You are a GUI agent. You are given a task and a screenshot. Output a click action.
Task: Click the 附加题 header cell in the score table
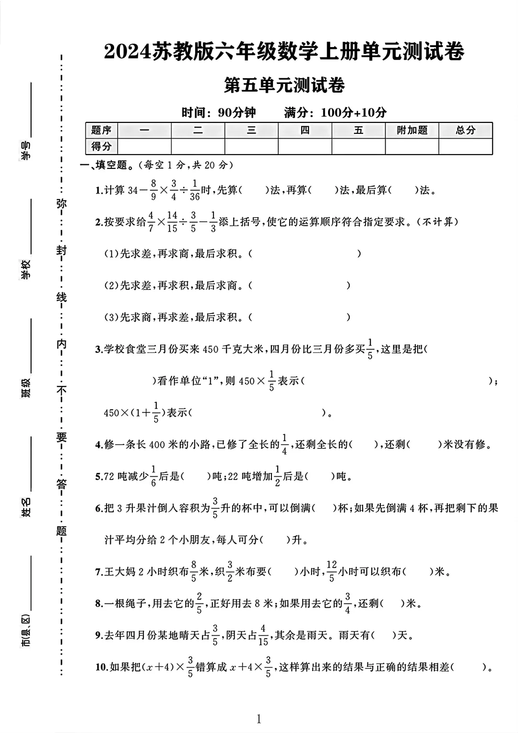click(x=412, y=130)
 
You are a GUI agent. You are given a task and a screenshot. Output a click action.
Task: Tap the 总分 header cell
click(x=465, y=130)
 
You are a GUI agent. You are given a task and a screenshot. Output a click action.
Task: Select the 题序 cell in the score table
click(x=101, y=130)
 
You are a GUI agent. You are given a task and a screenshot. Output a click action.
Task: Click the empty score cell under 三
click(x=251, y=146)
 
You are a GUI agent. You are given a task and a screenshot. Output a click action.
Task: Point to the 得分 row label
click(x=101, y=146)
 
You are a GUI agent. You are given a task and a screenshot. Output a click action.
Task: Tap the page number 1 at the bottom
click(x=259, y=719)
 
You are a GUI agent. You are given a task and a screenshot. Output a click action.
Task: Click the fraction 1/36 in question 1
click(x=195, y=190)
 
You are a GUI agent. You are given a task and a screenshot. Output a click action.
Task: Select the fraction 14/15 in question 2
click(x=172, y=222)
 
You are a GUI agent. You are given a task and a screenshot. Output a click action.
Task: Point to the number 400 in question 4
click(x=157, y=445)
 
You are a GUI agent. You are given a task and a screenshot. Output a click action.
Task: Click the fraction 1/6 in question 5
click(x=153, y=476)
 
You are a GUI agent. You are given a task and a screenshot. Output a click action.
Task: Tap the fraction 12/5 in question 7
click(x=331, y=571)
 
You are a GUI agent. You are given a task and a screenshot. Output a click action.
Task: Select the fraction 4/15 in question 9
click(x=263, y=635)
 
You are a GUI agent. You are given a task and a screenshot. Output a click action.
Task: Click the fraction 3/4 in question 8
click(x=348, y=603)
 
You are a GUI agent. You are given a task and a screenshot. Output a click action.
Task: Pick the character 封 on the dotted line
click(x=62, y=251)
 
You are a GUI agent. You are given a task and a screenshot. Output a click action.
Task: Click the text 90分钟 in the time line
click(x=237, y=113)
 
